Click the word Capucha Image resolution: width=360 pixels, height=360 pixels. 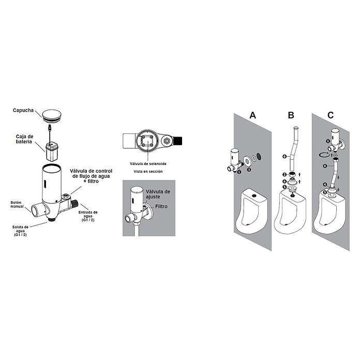point(23,110)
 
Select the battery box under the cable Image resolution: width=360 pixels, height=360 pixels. point(52,152)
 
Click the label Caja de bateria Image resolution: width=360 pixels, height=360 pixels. point(24,139)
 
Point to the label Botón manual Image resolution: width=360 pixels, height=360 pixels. point(17,204)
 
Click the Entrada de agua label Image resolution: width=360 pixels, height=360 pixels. point(88,216)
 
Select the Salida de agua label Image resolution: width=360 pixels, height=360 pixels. point(20,231)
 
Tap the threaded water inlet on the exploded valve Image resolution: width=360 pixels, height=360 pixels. point(74,203)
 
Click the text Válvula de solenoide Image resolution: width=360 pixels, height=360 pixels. point(148,163)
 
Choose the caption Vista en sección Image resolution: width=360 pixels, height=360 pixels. point(148,171)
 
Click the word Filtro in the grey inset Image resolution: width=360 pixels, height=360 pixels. point(161,206)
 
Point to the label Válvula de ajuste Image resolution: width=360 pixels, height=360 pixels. point(158,194)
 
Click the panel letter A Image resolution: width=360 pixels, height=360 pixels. point(252,115)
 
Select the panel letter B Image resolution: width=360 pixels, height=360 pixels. point(291,115)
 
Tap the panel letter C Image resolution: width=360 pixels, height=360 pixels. point(331,115)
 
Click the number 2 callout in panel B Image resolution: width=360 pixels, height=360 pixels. point(284,175)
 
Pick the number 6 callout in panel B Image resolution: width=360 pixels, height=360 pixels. point(284,157)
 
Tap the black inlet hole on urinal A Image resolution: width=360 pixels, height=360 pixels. point(254,196)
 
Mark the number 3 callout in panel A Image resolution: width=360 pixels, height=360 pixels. point(249,170)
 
